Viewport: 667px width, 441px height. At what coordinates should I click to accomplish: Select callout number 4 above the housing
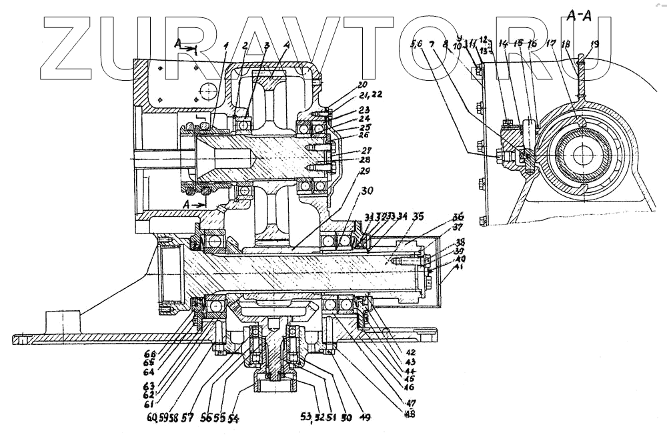[x=286, y=46]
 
